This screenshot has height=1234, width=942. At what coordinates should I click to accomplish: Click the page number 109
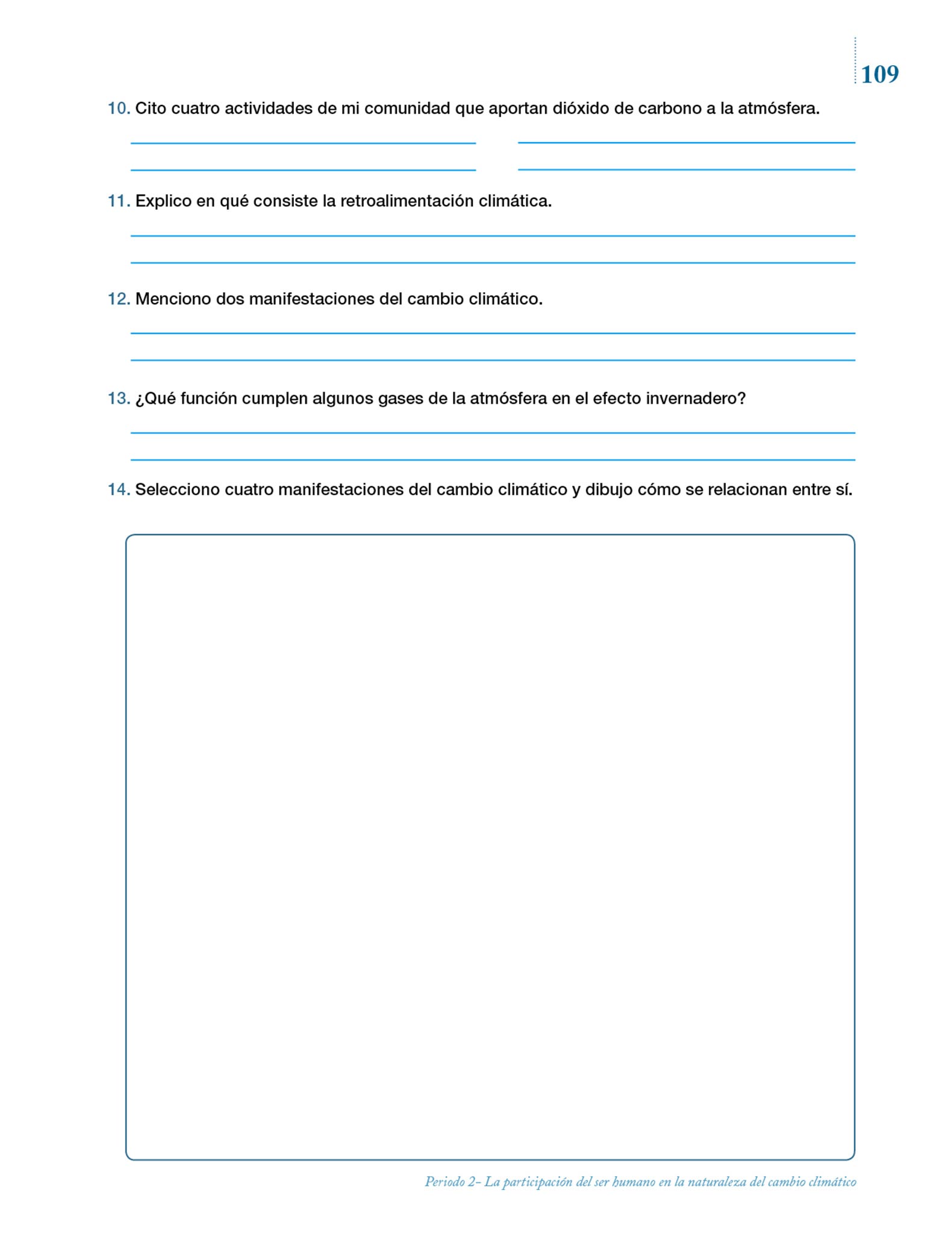pyautogui.click(x=879, y=74)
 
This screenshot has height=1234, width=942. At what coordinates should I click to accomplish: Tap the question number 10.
pyautogui.click(x=118, y=108)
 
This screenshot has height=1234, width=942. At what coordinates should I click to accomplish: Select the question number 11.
pyautogui.click(x=118, y=201)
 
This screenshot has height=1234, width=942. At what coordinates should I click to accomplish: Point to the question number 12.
pyautogui.click(x=118, y=299)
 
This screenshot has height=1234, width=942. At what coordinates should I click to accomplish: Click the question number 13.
pyautogui.click(x=118, y=398)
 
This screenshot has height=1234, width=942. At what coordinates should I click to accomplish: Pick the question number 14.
pyautogui.click(x=118, y=489)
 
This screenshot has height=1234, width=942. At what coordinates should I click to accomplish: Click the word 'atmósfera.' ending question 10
pyautogui.click(x=779, y=108)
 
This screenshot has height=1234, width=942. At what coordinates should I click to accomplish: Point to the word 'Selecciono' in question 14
pyautogui.click(x=177, y=489)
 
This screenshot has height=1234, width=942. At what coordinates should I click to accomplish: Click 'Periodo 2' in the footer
pyautogui.click(x=452, y=1182)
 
